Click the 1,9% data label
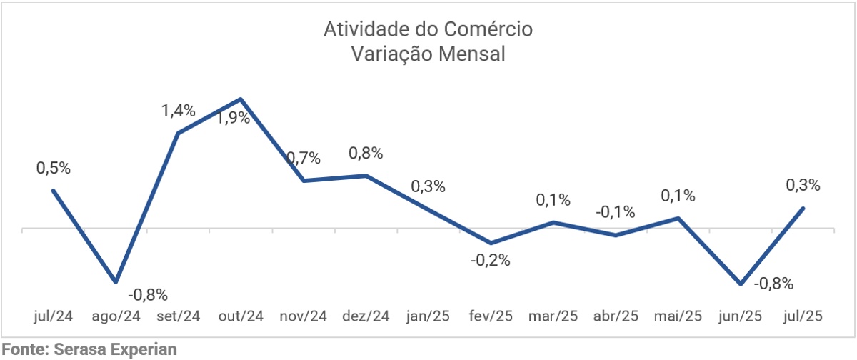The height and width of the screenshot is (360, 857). click(234, 118)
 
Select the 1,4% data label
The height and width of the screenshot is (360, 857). click(179, 111)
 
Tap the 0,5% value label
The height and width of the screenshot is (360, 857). click(54, 169)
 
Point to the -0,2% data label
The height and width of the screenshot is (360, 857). click(490, 261)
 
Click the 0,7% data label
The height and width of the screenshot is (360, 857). click(304, 158)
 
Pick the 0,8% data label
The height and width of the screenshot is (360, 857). click(366, 153)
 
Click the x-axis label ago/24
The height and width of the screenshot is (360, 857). click(116, 316)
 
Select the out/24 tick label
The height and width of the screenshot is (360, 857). click(241, 316)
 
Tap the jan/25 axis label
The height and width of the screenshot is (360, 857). click(428, 316)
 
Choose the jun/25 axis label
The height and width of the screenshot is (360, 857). click(741, 316)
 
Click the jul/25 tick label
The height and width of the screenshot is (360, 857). click(803, 316)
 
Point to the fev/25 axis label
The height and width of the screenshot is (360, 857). click(491, 316)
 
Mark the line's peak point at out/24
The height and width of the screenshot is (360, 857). click(241, 99)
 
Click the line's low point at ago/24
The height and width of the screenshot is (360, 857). click(116, 282)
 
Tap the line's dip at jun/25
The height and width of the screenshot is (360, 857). click(741, 284)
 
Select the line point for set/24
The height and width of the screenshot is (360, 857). click(178, 133)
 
